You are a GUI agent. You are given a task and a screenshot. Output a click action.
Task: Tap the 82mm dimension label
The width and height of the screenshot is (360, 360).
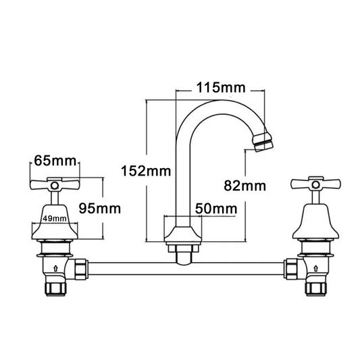(x=245, y=185)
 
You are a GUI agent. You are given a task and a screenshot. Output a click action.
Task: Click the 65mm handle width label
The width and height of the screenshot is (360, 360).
(x=55, y=161)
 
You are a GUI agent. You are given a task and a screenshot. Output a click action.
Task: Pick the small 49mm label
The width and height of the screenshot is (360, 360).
(x=54, y=218)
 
